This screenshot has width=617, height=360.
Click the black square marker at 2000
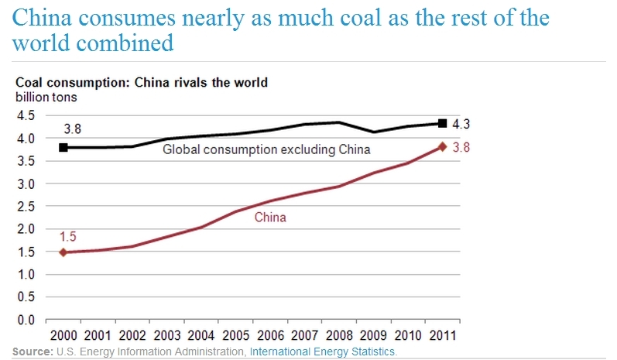(63, 147)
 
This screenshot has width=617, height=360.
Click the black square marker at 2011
(442, 123)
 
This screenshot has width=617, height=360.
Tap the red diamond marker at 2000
(63, 252)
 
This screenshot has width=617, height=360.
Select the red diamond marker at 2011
(442, 146)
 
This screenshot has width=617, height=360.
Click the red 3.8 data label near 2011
(462, 146)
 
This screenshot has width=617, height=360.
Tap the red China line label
(270, 218)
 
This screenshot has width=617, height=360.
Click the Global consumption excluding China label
(266, 149)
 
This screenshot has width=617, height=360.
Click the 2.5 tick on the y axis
(26, 207)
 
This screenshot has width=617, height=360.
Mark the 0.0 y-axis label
(26, 320)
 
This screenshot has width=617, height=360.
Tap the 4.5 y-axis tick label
(26, 116)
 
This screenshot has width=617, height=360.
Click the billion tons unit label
(46, 97)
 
